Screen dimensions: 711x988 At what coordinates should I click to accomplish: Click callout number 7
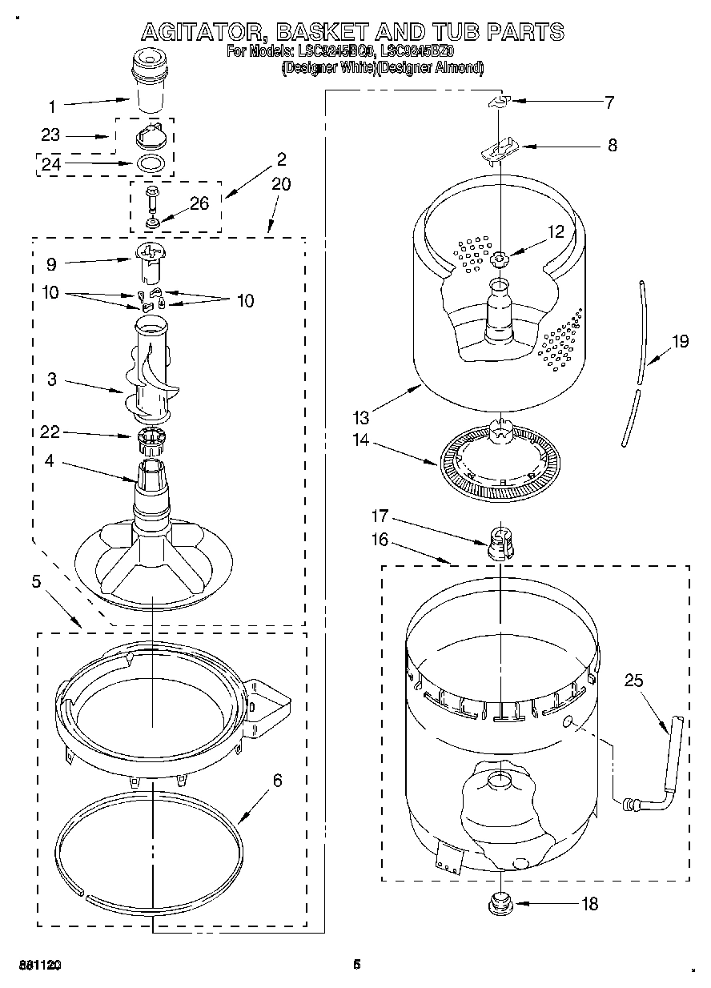(609, 102)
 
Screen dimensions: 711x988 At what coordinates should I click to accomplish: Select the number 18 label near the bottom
(589, 904)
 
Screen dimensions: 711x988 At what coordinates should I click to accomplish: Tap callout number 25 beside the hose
(634, 681)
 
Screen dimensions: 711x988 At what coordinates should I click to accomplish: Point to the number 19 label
(680, 342)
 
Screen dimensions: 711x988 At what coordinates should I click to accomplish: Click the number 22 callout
(51, 432)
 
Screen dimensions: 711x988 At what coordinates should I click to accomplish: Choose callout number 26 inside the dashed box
(199, 203)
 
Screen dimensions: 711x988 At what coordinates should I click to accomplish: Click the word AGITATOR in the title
(203, 32)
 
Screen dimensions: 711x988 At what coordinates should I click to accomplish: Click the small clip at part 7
(499, 102)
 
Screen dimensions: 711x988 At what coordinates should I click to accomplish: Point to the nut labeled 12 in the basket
(499, 259)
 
